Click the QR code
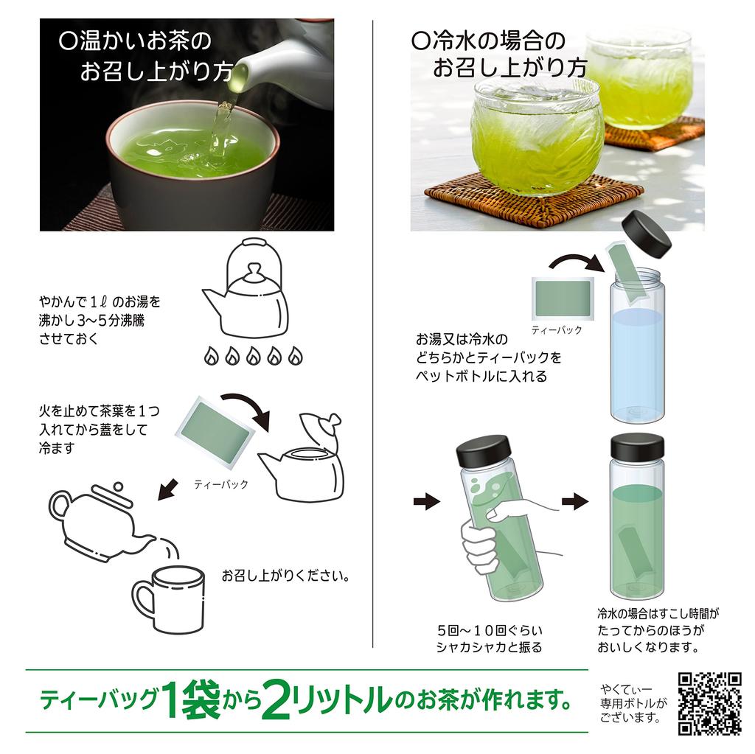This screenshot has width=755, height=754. click(x=710, y=703)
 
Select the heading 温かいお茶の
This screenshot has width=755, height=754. click(x=136, y=41)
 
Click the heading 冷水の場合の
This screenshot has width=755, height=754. click(x=488, y=41)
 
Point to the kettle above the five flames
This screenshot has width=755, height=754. click(x=246, y=288)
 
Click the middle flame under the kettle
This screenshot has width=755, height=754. click(x=254, y=356)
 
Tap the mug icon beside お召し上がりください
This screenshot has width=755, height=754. click(x=168, y=600)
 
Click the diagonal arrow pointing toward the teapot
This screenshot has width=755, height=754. click(x=168, y=489)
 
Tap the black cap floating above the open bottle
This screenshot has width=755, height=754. click(x=647, y=233)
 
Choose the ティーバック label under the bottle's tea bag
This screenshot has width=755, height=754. click(x=557, y=329)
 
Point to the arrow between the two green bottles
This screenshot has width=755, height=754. click(x=575, y=502)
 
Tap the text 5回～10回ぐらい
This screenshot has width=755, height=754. click(x=490, y=630)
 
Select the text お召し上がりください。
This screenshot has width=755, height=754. click(x=286, y=576)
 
